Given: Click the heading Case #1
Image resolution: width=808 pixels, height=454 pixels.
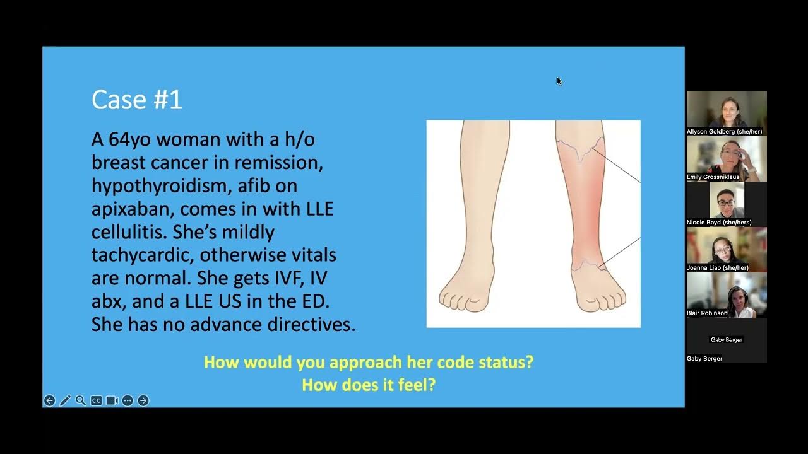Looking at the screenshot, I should point(136,100).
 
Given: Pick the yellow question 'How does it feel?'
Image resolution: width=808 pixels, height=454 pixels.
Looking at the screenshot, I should point(369,385).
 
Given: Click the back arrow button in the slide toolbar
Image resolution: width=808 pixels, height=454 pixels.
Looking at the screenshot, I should point(49,400).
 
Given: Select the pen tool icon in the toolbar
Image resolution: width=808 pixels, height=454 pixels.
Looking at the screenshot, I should point(65,400).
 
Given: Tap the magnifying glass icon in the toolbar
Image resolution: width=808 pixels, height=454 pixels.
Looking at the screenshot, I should point(81,400).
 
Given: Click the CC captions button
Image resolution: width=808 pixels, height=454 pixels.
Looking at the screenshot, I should point(96,400).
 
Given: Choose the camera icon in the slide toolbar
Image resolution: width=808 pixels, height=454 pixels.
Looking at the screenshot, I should point(112,400).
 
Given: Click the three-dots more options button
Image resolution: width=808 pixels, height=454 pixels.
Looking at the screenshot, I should point(128,400).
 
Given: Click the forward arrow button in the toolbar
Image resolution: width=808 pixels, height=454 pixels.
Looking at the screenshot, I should point(143,400).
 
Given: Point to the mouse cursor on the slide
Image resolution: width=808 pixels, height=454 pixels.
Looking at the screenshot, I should point(559,80).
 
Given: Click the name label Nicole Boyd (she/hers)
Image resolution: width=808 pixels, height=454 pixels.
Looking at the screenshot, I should point(719,223).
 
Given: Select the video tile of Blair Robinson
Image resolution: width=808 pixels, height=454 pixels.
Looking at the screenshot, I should point(727,294).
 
